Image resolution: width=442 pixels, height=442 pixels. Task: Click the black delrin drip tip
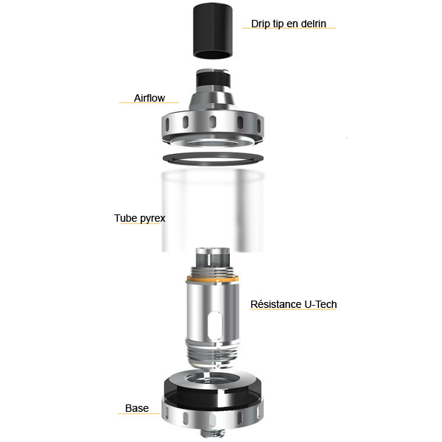213,31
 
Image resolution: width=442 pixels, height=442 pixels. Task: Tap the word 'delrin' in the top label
314,24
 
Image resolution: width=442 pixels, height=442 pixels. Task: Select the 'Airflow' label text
150,98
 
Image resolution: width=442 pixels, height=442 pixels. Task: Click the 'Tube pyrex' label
139,218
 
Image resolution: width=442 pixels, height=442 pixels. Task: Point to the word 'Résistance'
276,304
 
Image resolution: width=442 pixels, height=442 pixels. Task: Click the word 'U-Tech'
320,304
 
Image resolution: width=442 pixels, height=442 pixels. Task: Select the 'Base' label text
137,408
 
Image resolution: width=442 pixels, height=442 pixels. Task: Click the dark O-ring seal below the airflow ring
214,158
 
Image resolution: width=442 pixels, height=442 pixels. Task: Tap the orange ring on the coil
212,279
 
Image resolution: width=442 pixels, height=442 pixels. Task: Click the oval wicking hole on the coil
217,324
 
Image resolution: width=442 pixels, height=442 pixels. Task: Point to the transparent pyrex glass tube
213,211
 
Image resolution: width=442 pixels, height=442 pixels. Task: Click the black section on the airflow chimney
213,80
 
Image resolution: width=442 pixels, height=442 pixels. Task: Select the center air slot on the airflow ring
213,122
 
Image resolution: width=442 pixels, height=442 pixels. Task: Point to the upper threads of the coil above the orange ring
213,271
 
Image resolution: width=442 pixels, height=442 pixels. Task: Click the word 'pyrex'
152,219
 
